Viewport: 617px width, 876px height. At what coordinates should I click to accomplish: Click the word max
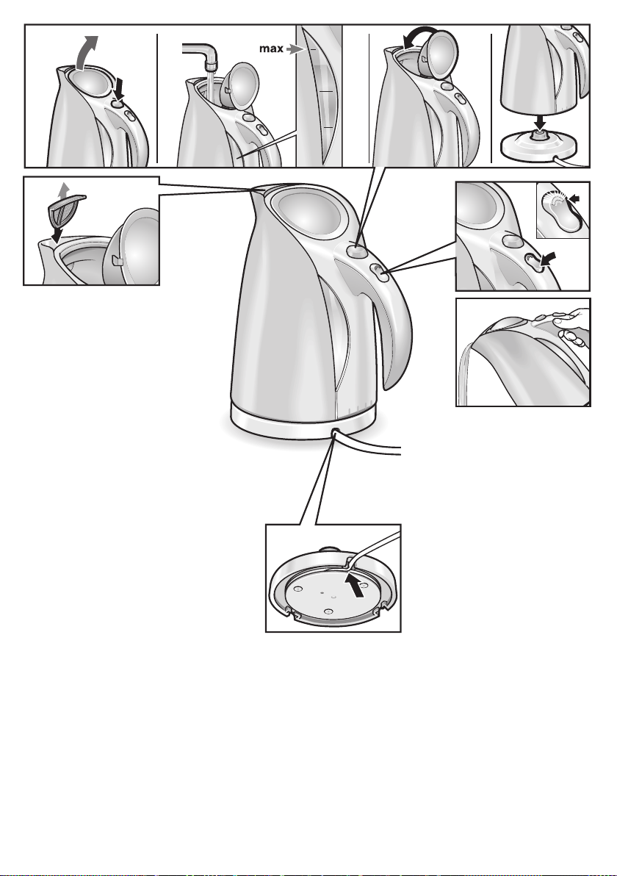pyautogui.click(x=271, y=49)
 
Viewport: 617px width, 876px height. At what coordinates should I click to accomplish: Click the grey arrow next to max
pyautogui.click(x=295, y=49)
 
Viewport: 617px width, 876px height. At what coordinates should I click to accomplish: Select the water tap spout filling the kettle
pyautogui.click(x=201, y=56)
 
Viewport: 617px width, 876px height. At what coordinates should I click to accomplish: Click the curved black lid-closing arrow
pyautogui.click(x=419, y=38)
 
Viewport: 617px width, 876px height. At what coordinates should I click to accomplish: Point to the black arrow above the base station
pyautogui.click(x=539, y=121)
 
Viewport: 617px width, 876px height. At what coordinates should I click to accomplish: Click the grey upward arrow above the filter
pyautogui.click(x=65, y=190)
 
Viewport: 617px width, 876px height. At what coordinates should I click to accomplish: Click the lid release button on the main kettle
pyautogui.click(x=356, y=251)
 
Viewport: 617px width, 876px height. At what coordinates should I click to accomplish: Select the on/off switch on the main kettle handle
pyautogui.click(x=379, y=273)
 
